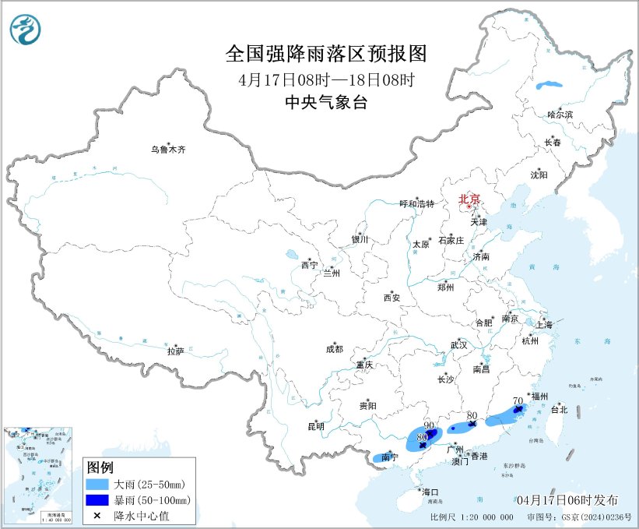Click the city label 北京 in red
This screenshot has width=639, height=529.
(x=469, y=199)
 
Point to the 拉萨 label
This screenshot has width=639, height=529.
(x=175, y=351)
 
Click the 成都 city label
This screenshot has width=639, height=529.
(x=334, y=350)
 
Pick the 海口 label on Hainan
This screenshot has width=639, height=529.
(x=430, y=492)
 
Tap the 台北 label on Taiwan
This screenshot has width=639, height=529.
(x=559, y=409)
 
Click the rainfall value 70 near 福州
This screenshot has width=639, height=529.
(x=518, y=401)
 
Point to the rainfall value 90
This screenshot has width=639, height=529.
(x=429, y=425)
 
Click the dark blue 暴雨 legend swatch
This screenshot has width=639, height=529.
(x=97, y=499)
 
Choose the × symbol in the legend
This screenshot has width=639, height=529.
(x=97, y=515)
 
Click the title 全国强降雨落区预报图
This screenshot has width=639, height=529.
(x=326, y=54)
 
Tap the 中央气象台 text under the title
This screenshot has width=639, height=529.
(x=326, y=101)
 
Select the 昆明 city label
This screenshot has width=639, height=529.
(x=315, y=426)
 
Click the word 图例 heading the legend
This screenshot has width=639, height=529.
(x=100, y=467)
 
